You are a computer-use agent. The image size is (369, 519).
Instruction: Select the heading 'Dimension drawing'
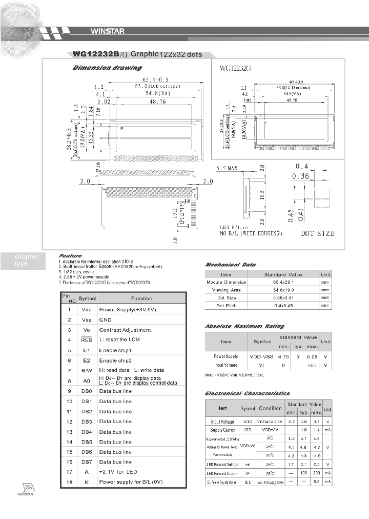[107, 68]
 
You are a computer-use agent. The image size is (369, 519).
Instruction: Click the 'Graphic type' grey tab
[26, 260]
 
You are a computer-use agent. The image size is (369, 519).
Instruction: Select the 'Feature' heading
[70, 255]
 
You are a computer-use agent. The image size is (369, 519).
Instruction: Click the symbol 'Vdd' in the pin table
[86, 310]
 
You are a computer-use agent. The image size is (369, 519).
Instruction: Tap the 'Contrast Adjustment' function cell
[125, 330]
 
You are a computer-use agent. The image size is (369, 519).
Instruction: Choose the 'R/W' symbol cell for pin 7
[86, 370]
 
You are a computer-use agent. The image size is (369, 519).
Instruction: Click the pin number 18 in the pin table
[69, 482]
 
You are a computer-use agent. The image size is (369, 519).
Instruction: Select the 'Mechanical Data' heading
[231, 265]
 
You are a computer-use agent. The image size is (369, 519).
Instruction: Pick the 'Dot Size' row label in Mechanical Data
[226, 297]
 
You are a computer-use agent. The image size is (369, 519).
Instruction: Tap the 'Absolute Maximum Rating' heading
[244, 326]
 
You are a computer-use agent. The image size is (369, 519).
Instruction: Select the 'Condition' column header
[270, 408]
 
